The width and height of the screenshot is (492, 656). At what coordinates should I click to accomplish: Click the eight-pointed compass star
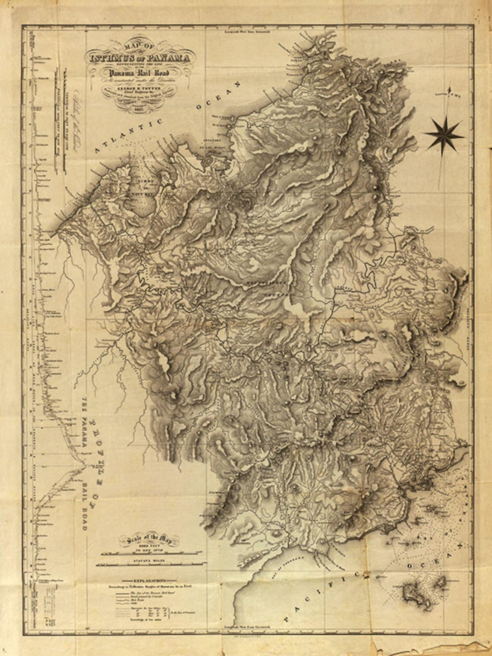click(x=445, y=134)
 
